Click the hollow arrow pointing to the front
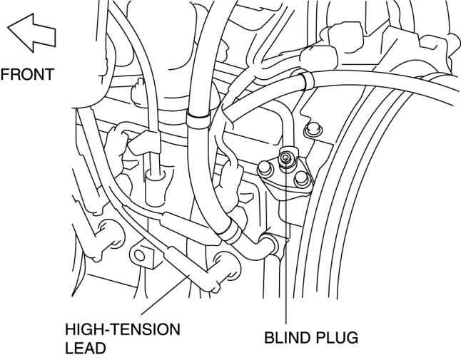(30, 33)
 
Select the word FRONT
(26, 73)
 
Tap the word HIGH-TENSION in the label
(122, 330)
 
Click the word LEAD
(85, 348)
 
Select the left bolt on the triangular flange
(265, 168)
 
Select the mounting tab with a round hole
(141, 253)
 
